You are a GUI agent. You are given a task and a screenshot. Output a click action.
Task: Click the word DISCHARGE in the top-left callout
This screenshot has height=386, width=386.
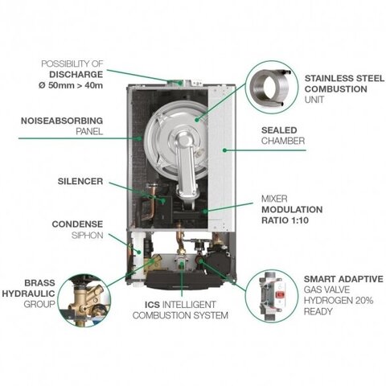coord(76,75)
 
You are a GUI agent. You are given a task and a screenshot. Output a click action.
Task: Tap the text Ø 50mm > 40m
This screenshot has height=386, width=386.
coord(71,85)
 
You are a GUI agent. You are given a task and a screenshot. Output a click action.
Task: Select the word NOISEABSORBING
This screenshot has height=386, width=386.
coord(62,121)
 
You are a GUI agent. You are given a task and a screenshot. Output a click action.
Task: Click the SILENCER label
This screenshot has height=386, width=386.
coord(80,181)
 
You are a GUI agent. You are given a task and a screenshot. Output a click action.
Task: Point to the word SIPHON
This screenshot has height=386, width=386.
coord(88,236)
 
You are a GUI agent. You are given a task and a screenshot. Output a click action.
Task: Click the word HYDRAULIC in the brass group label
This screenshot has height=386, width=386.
coord(28,294)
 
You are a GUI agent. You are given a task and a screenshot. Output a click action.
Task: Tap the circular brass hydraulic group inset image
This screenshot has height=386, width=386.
coord(84,300)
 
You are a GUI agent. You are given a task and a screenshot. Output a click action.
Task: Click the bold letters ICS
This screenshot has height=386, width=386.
coord(152,305)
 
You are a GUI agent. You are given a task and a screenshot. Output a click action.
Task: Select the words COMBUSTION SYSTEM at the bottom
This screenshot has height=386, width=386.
coord(180,315)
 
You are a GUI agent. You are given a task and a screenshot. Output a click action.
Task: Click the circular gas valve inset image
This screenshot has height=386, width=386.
coord(272,296)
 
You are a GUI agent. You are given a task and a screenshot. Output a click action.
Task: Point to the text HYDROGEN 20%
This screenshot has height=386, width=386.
coord(339,301)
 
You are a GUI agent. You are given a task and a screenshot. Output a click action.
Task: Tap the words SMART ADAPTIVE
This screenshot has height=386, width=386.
coord(343,279)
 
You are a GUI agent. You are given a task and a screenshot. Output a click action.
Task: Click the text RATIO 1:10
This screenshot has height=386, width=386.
coord(285,220)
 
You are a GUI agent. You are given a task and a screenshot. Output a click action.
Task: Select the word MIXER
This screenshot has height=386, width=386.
coord(274,199)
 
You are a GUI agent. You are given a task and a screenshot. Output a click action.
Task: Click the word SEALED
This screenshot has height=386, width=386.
coord(279,130)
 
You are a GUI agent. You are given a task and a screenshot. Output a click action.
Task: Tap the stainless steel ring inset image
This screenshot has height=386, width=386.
coord(272,87)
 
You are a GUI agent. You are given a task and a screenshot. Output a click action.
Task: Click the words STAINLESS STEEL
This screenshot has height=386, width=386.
coord(344,78)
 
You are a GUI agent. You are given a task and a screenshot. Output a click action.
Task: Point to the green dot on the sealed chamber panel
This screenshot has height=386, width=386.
coord(224,150)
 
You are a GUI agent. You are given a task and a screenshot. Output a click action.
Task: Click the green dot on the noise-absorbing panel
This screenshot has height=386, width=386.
coord(139,138)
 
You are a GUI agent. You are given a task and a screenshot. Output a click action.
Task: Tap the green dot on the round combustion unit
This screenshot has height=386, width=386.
coord(197,120)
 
